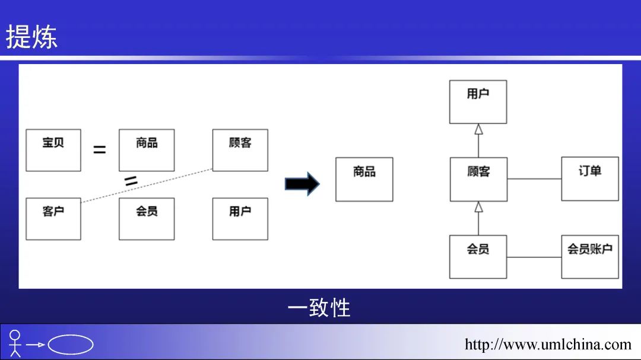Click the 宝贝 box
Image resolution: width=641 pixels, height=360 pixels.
pos(53,150)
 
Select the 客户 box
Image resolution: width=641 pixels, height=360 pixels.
pos(53,219)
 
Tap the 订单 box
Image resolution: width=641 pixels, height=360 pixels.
pos(590,179)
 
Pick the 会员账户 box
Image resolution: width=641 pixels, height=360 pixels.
pos(590,257)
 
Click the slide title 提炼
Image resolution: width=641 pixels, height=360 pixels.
pos(31,37)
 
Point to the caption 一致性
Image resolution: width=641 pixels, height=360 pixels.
pos(319,308)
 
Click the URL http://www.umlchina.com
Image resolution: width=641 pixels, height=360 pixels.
pos(548,345)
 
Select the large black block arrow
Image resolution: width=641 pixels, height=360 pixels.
pos(302,184)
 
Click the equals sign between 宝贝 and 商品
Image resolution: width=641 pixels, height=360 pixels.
pos(100,150)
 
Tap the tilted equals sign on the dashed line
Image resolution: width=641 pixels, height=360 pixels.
pos(131,181)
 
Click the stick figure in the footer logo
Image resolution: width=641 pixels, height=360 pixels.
pos(15,343)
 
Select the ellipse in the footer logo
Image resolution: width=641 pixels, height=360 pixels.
pos(71,345)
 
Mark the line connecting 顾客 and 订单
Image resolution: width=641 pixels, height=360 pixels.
pos(534,179)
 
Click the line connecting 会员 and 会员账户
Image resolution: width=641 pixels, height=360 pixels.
pos(534,257)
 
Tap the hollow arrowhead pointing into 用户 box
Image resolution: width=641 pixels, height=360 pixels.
pos(478,130)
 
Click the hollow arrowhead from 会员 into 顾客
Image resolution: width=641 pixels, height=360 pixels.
pos(478,207)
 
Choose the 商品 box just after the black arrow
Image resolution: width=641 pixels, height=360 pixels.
pos(364,179)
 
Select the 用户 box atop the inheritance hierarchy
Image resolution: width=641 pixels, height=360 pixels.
pos(478,102)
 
